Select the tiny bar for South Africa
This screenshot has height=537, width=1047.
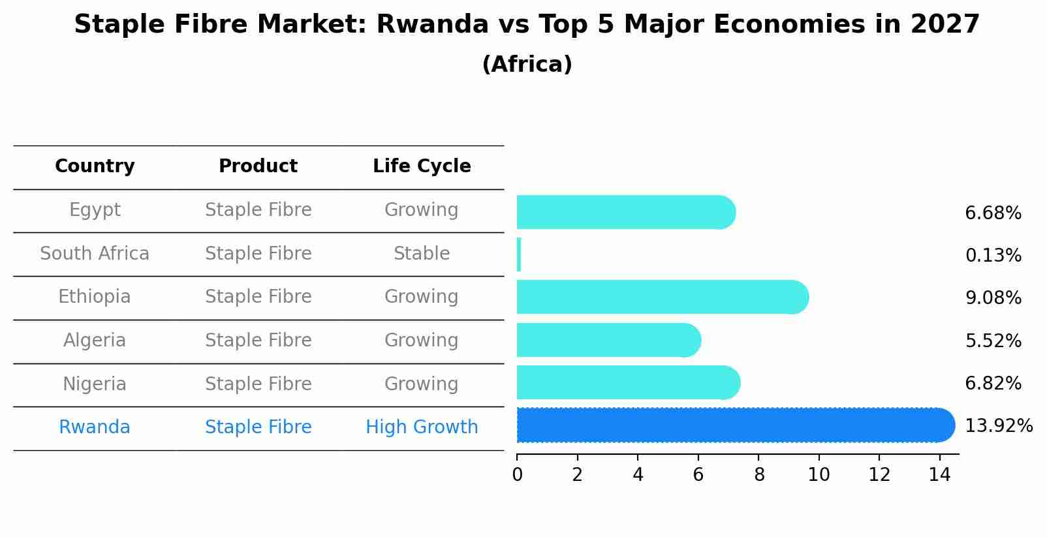(519, 254)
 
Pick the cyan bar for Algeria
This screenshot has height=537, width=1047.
(607, 340)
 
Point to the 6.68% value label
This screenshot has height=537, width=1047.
(993, 213)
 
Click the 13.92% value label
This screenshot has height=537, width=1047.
(998, 426)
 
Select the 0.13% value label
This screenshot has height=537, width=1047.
(993, 256)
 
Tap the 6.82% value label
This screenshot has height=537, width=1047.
(993, 383)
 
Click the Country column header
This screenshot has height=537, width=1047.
(95, 166)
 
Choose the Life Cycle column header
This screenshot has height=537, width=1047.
(422, 166)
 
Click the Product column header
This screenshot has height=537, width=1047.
(258, 166)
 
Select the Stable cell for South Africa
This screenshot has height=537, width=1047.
(422, 253)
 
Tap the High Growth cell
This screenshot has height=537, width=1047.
(422, 427)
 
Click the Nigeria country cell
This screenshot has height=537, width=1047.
(95, 384)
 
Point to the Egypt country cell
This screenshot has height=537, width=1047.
(95, 210)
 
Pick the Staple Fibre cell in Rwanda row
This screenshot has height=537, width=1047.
(258, 427)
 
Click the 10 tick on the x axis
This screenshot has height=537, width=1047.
(819, 475)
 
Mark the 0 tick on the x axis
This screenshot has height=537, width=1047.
(517, 475)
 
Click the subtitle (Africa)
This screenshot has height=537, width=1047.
(527, 65)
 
